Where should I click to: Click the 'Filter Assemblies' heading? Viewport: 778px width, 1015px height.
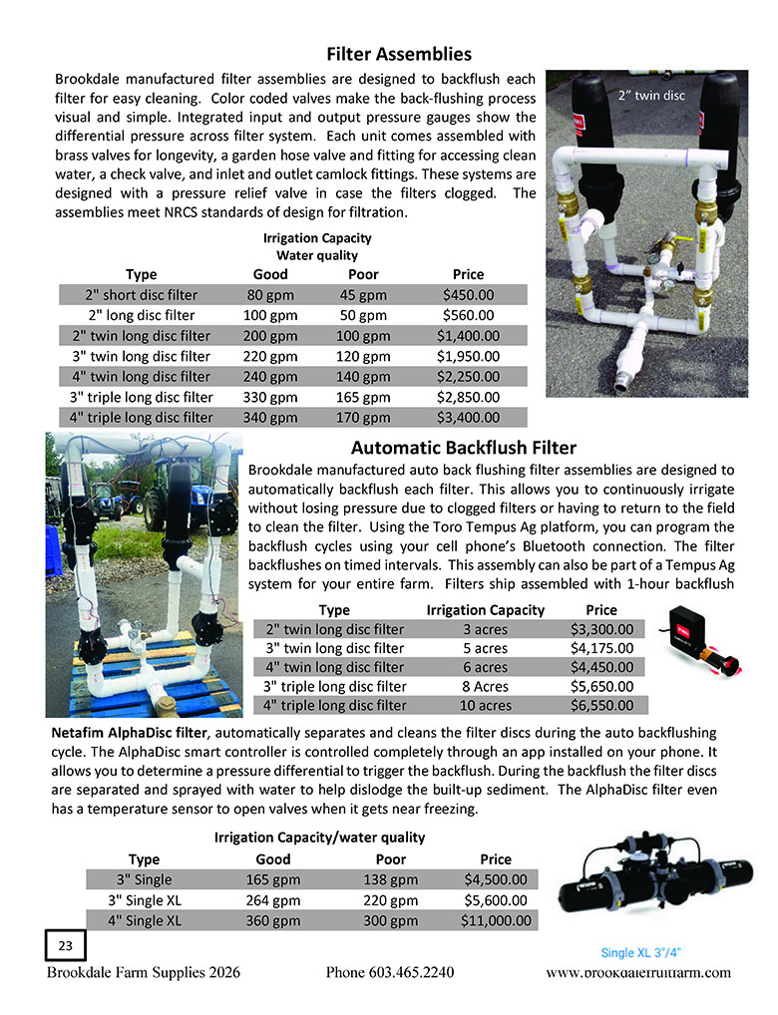[399, 54]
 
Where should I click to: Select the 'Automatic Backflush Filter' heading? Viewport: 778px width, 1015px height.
[463, 448]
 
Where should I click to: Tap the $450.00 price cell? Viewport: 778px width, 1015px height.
[468, 295]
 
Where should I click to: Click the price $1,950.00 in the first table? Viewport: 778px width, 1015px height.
[468, 356]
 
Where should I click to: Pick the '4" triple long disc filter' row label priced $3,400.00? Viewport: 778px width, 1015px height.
[142, 418]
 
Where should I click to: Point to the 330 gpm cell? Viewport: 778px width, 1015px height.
[271, 397]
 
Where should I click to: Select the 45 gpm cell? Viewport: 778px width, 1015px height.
[363, 295]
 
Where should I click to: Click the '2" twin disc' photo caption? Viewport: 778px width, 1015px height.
[652, 95]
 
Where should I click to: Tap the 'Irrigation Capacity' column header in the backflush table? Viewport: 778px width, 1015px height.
[485, 609]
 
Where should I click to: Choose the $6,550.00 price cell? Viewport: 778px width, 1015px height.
[601, 706]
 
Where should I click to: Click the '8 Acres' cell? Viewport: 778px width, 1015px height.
[485, 687]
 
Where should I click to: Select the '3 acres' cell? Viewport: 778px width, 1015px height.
[485, 629]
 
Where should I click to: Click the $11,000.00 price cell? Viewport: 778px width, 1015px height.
[496, 920]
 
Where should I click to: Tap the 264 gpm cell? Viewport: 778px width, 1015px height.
[273, 899]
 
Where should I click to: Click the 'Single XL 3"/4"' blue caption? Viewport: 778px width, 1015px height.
[646, 952]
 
